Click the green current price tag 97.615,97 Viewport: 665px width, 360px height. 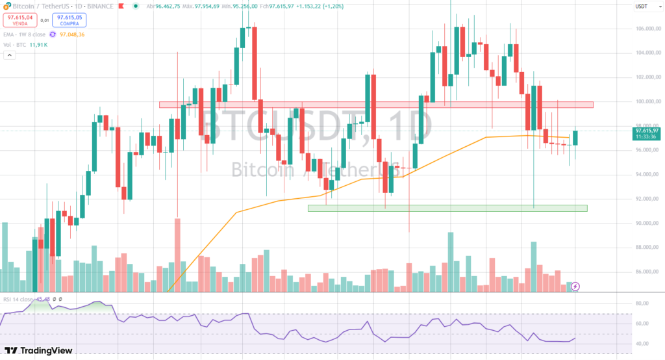click(x=647, y=134)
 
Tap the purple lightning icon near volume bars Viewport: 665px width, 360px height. click(x=575, y=286)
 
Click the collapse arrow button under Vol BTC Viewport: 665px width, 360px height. click(x=9, y=57)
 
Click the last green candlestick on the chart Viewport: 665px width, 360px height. click(x=575, y=138)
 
